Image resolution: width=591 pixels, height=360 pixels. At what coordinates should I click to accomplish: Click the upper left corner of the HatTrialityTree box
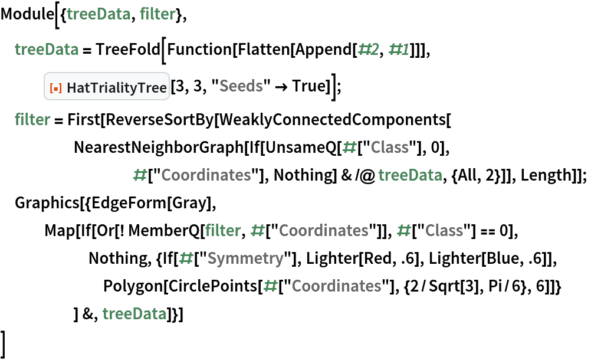44,73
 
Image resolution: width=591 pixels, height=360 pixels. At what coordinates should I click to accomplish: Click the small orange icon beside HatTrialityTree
56,88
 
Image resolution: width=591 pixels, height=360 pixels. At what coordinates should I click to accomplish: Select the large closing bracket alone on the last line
4,345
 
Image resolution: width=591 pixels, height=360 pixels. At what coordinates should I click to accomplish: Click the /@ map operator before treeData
365,175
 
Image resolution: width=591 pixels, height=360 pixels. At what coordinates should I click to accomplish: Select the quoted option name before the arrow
241,86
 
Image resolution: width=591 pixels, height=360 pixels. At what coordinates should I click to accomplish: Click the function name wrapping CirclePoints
133,286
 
